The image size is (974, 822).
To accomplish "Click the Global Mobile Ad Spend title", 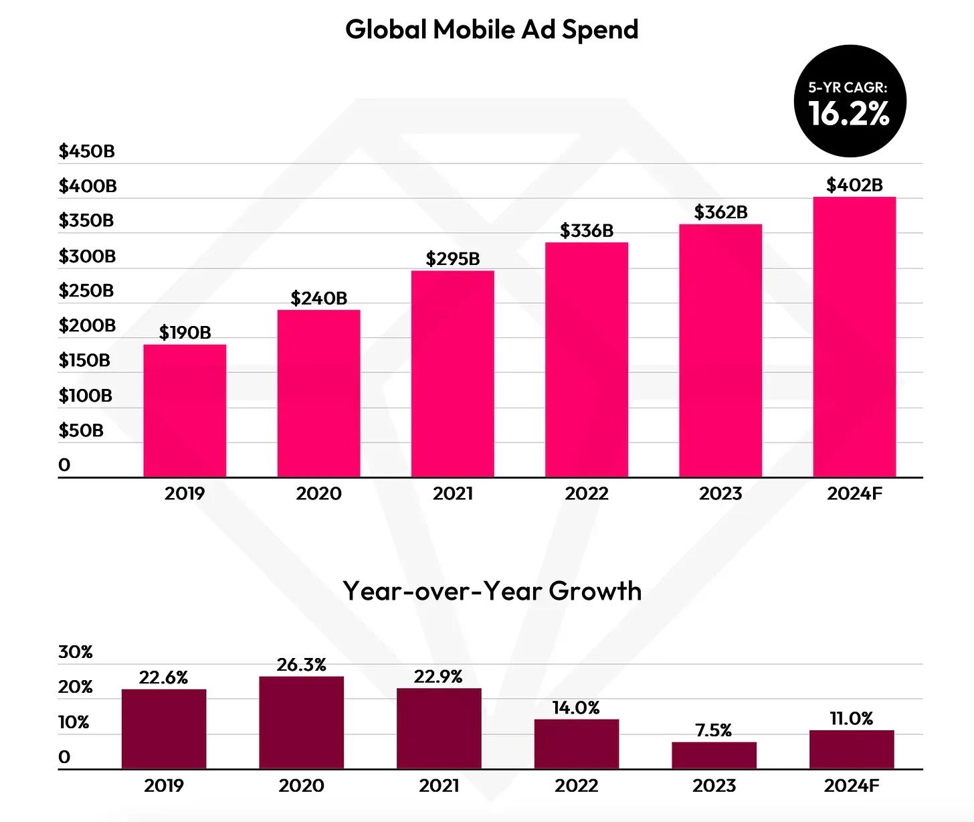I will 492,29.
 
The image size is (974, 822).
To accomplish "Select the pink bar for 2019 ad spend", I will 185,410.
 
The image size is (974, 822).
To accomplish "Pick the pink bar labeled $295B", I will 452,374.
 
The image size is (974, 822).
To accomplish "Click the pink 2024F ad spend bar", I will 854,337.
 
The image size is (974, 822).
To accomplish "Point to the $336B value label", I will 587,231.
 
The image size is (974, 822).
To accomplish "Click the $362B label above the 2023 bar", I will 720,212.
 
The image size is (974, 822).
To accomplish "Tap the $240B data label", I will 318,298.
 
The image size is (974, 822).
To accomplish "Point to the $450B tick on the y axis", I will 87,151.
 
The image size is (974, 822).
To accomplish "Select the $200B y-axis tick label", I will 87,325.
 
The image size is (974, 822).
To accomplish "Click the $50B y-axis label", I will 81,430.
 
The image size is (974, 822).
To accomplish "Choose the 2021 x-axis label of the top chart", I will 452,494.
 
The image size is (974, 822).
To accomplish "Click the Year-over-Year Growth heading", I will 492,591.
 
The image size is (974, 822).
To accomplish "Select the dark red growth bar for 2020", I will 302,722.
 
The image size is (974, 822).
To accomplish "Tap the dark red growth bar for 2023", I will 714,755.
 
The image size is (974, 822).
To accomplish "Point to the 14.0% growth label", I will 576,708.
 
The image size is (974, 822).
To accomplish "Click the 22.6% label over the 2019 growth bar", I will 164,678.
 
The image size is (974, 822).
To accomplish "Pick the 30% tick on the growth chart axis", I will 76,652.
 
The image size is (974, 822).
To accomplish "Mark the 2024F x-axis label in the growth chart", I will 851,786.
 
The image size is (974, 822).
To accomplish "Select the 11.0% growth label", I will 851,719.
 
